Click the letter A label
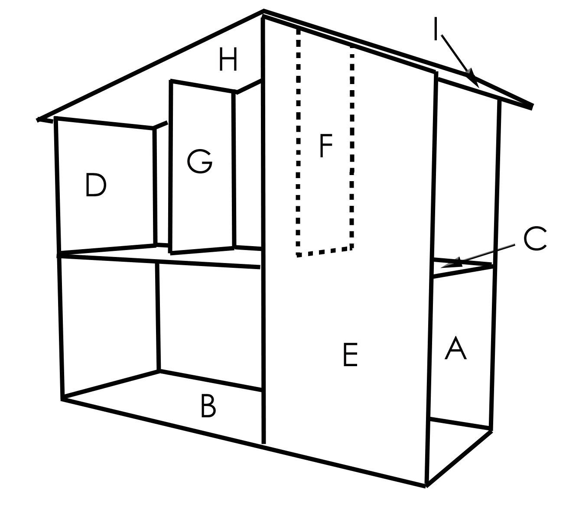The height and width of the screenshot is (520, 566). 455,348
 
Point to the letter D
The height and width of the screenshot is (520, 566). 96,185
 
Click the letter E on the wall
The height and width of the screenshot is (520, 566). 350,354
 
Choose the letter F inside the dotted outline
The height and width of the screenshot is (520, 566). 326,146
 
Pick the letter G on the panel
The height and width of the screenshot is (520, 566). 199,161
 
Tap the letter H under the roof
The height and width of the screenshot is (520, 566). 228,59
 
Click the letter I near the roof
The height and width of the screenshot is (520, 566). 436,29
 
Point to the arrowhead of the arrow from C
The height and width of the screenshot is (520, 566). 451,263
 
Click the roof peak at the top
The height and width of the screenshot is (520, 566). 263,11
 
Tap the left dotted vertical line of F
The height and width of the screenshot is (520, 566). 298,142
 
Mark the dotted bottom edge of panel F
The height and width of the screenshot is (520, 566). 325,252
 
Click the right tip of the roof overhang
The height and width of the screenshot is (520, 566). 533,107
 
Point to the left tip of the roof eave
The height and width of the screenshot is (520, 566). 38,120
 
